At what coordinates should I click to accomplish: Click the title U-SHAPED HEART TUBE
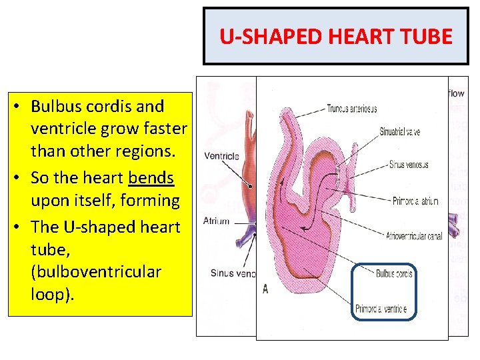tap(336, 36)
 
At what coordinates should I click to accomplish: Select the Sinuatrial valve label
tap(399, 132)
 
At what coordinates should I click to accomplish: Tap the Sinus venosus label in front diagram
tap(408, 165)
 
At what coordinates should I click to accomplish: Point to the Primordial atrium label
tap(415, 201)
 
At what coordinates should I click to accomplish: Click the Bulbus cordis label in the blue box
tap(394, 273)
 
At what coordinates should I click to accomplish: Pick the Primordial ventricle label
tap(381, 309)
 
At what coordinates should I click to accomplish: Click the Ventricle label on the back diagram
tap(221, 157)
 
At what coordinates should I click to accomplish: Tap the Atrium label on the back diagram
tap(216, 221)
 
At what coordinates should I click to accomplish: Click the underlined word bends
tap(151, 179)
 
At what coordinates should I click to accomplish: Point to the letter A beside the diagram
tap(266, 289)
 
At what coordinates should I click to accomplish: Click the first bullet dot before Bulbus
tap(22, 107)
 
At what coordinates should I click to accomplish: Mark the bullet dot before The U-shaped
tap(22, 227)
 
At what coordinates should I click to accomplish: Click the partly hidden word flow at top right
tap(456, 94)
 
